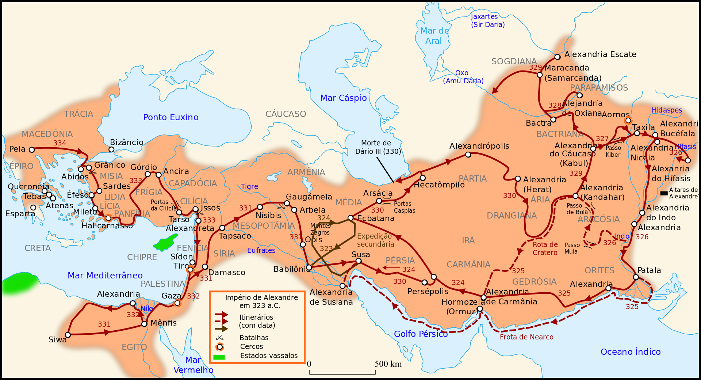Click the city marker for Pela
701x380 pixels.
pos(32,150)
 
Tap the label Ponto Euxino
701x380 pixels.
pos(171,117)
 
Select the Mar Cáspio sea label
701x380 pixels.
pos(343,98)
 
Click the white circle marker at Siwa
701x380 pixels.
pos(68,335)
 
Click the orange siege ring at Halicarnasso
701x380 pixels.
pos(108,218)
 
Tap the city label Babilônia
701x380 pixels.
pos(291,269)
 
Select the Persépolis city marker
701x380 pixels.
pos(424,282)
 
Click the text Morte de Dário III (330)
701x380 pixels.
pos(378,147)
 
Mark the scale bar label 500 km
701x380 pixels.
pos(388,364)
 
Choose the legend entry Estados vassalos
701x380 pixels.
pos(269,356)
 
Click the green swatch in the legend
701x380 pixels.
pos(219,357)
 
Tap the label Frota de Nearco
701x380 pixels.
pos(526,337)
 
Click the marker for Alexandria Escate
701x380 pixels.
pos(558,57)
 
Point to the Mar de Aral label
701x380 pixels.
pos(434,36)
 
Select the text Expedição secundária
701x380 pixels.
pos(375,240)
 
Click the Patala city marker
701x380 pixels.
pos(636,277)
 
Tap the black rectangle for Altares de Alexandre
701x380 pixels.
pos(664,193)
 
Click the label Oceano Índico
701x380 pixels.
pos(631,352)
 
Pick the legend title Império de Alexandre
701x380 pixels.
pos(261,301)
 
